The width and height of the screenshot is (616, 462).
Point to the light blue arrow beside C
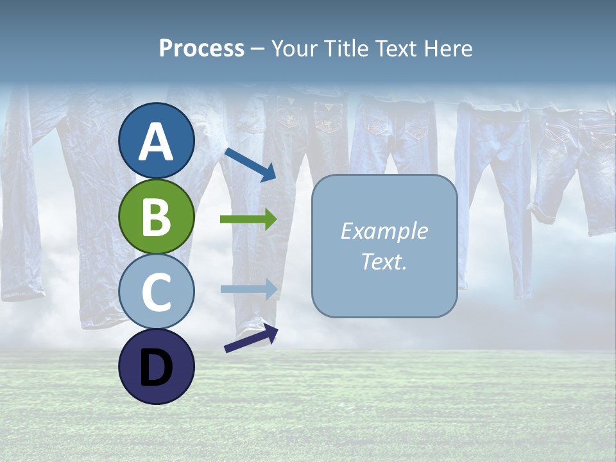tap(249, 289)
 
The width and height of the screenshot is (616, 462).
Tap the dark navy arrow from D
tap(251, 338)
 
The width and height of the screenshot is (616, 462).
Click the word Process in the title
tap(201, 49)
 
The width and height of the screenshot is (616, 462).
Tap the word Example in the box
tap(384, 231)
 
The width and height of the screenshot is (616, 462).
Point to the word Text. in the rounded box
tap(384, 262)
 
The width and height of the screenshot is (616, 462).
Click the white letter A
tap(157, 142)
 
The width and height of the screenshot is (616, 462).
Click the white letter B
tap(157, 218)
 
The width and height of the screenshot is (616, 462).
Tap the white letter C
tap(157, 293)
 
